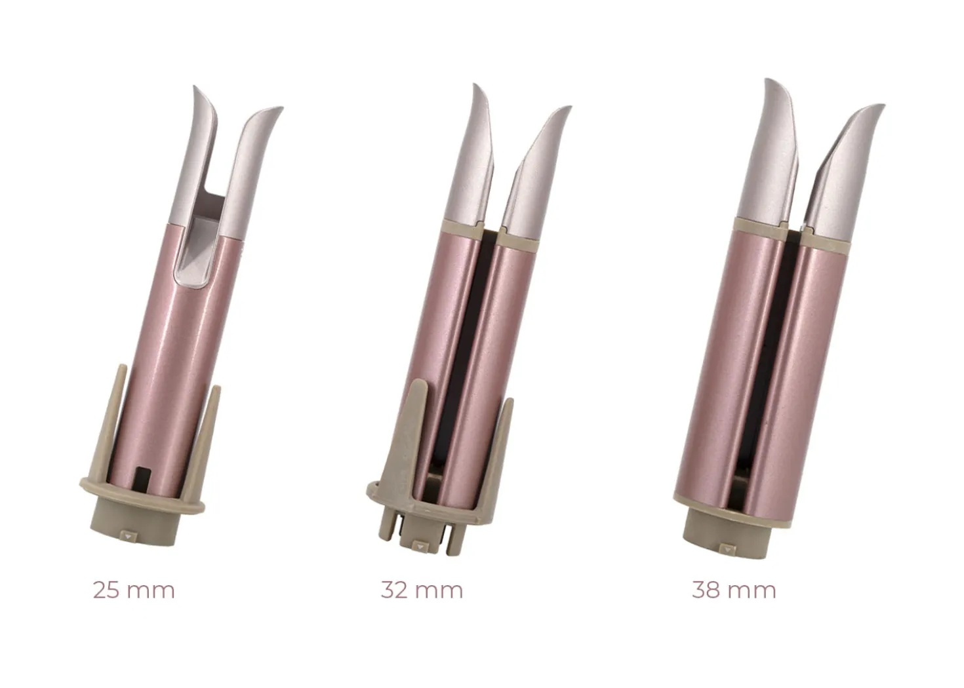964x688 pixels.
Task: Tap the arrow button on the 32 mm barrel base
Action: pyautogui.click(x=419, y=546)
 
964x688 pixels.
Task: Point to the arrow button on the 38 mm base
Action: pyautogui.click(x=727, y=549)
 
